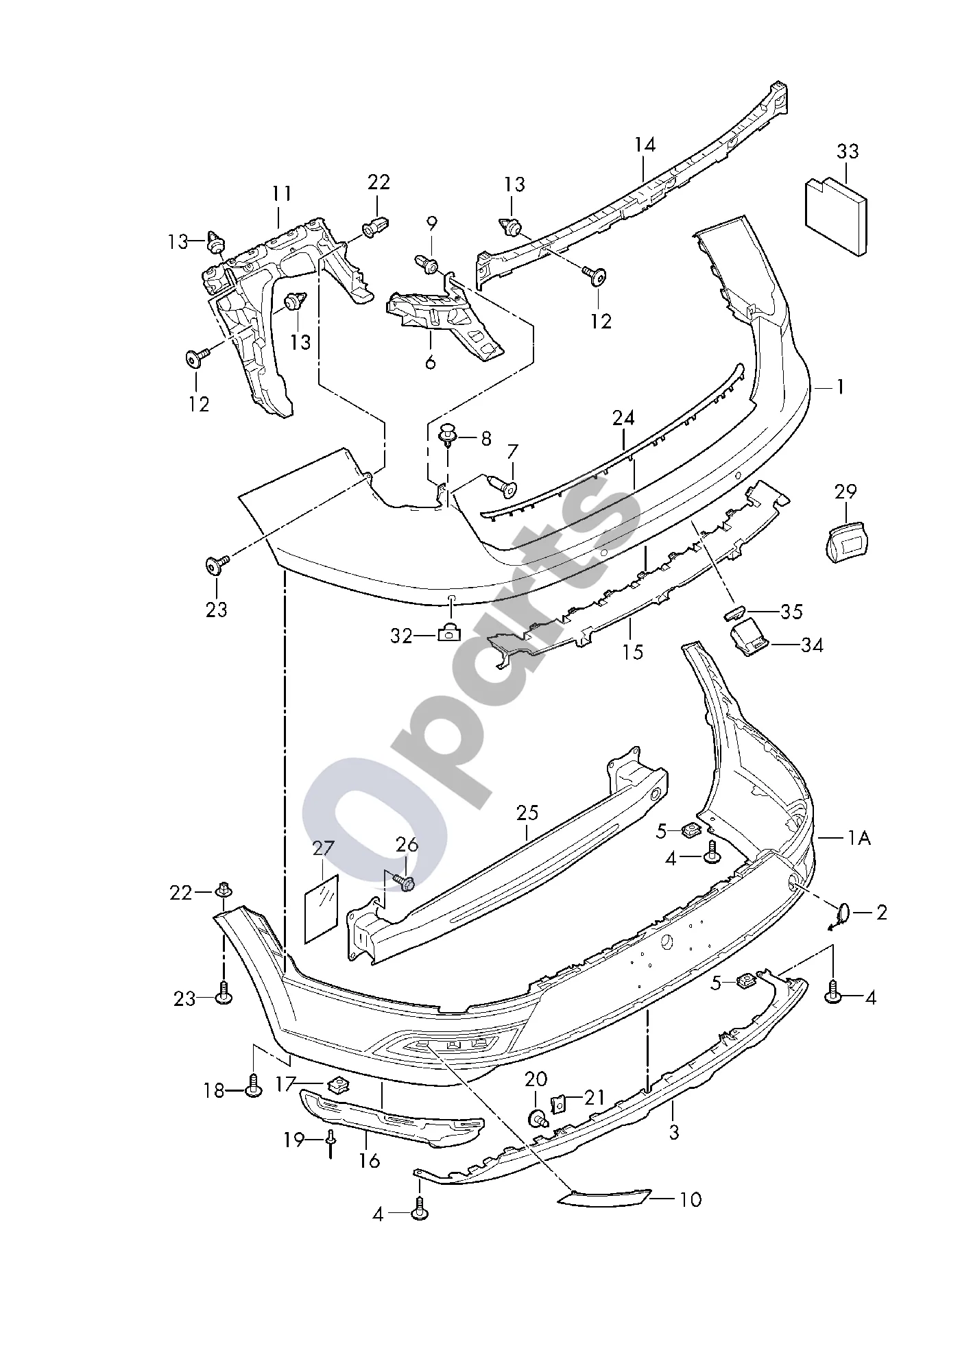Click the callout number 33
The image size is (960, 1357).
[x=848, y=152]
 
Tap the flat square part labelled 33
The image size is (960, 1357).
[x=835, y=216]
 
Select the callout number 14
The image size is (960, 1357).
[x=645, y=145]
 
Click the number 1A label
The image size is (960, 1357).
[x=859, y=837]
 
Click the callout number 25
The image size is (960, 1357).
[x=527, y=813]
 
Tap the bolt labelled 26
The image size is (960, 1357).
[x=405, y=883]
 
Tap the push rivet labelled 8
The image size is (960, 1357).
[x=448, y=435]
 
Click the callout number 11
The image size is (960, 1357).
[x=281, y=194]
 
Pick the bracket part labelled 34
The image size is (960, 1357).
[x=750, y=637]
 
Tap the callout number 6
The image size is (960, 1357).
[x=430, y=361]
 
